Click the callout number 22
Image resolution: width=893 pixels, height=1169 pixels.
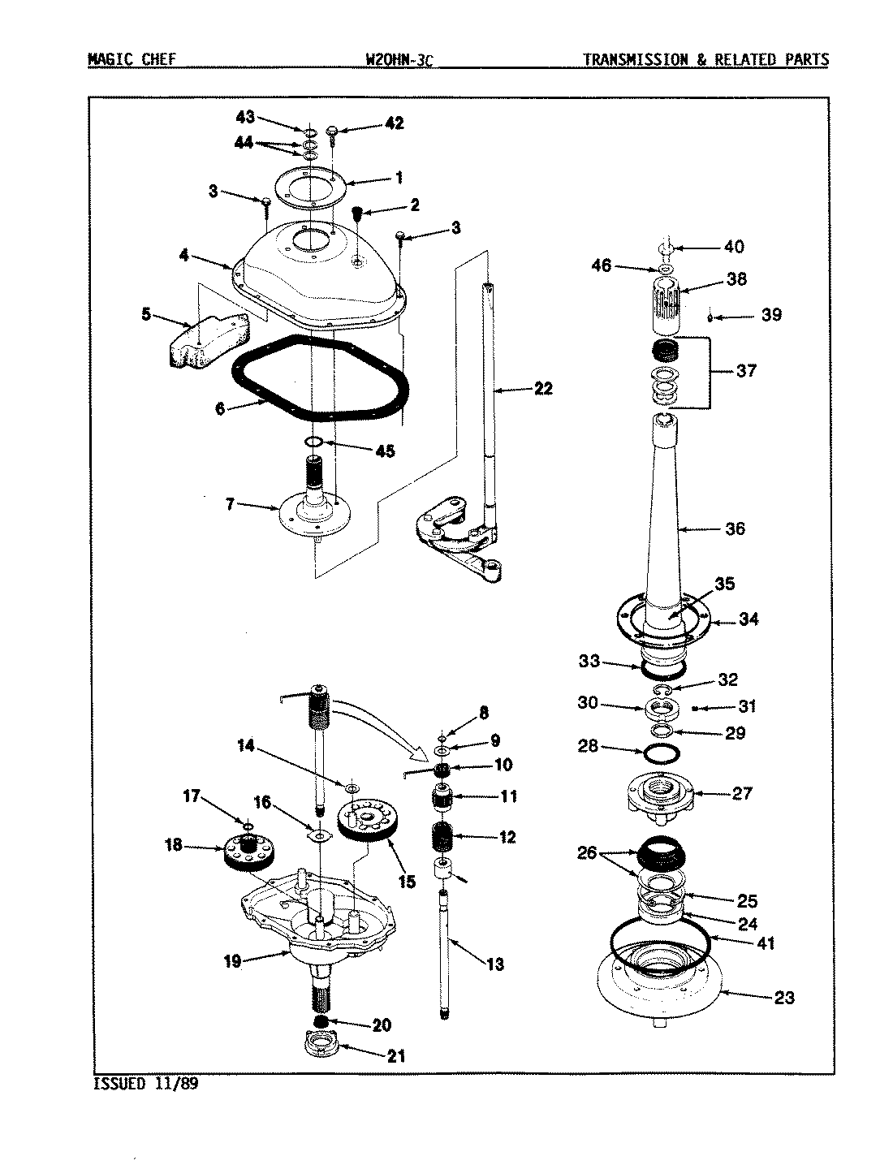(543, 389)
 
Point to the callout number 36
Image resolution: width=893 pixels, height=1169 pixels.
(735, 528)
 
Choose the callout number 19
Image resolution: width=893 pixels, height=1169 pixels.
(232, 962)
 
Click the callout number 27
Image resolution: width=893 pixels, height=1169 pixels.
(742, 793)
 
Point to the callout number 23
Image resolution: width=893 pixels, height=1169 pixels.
(783, 998)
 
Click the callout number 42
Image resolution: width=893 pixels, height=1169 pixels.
(394, 124)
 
